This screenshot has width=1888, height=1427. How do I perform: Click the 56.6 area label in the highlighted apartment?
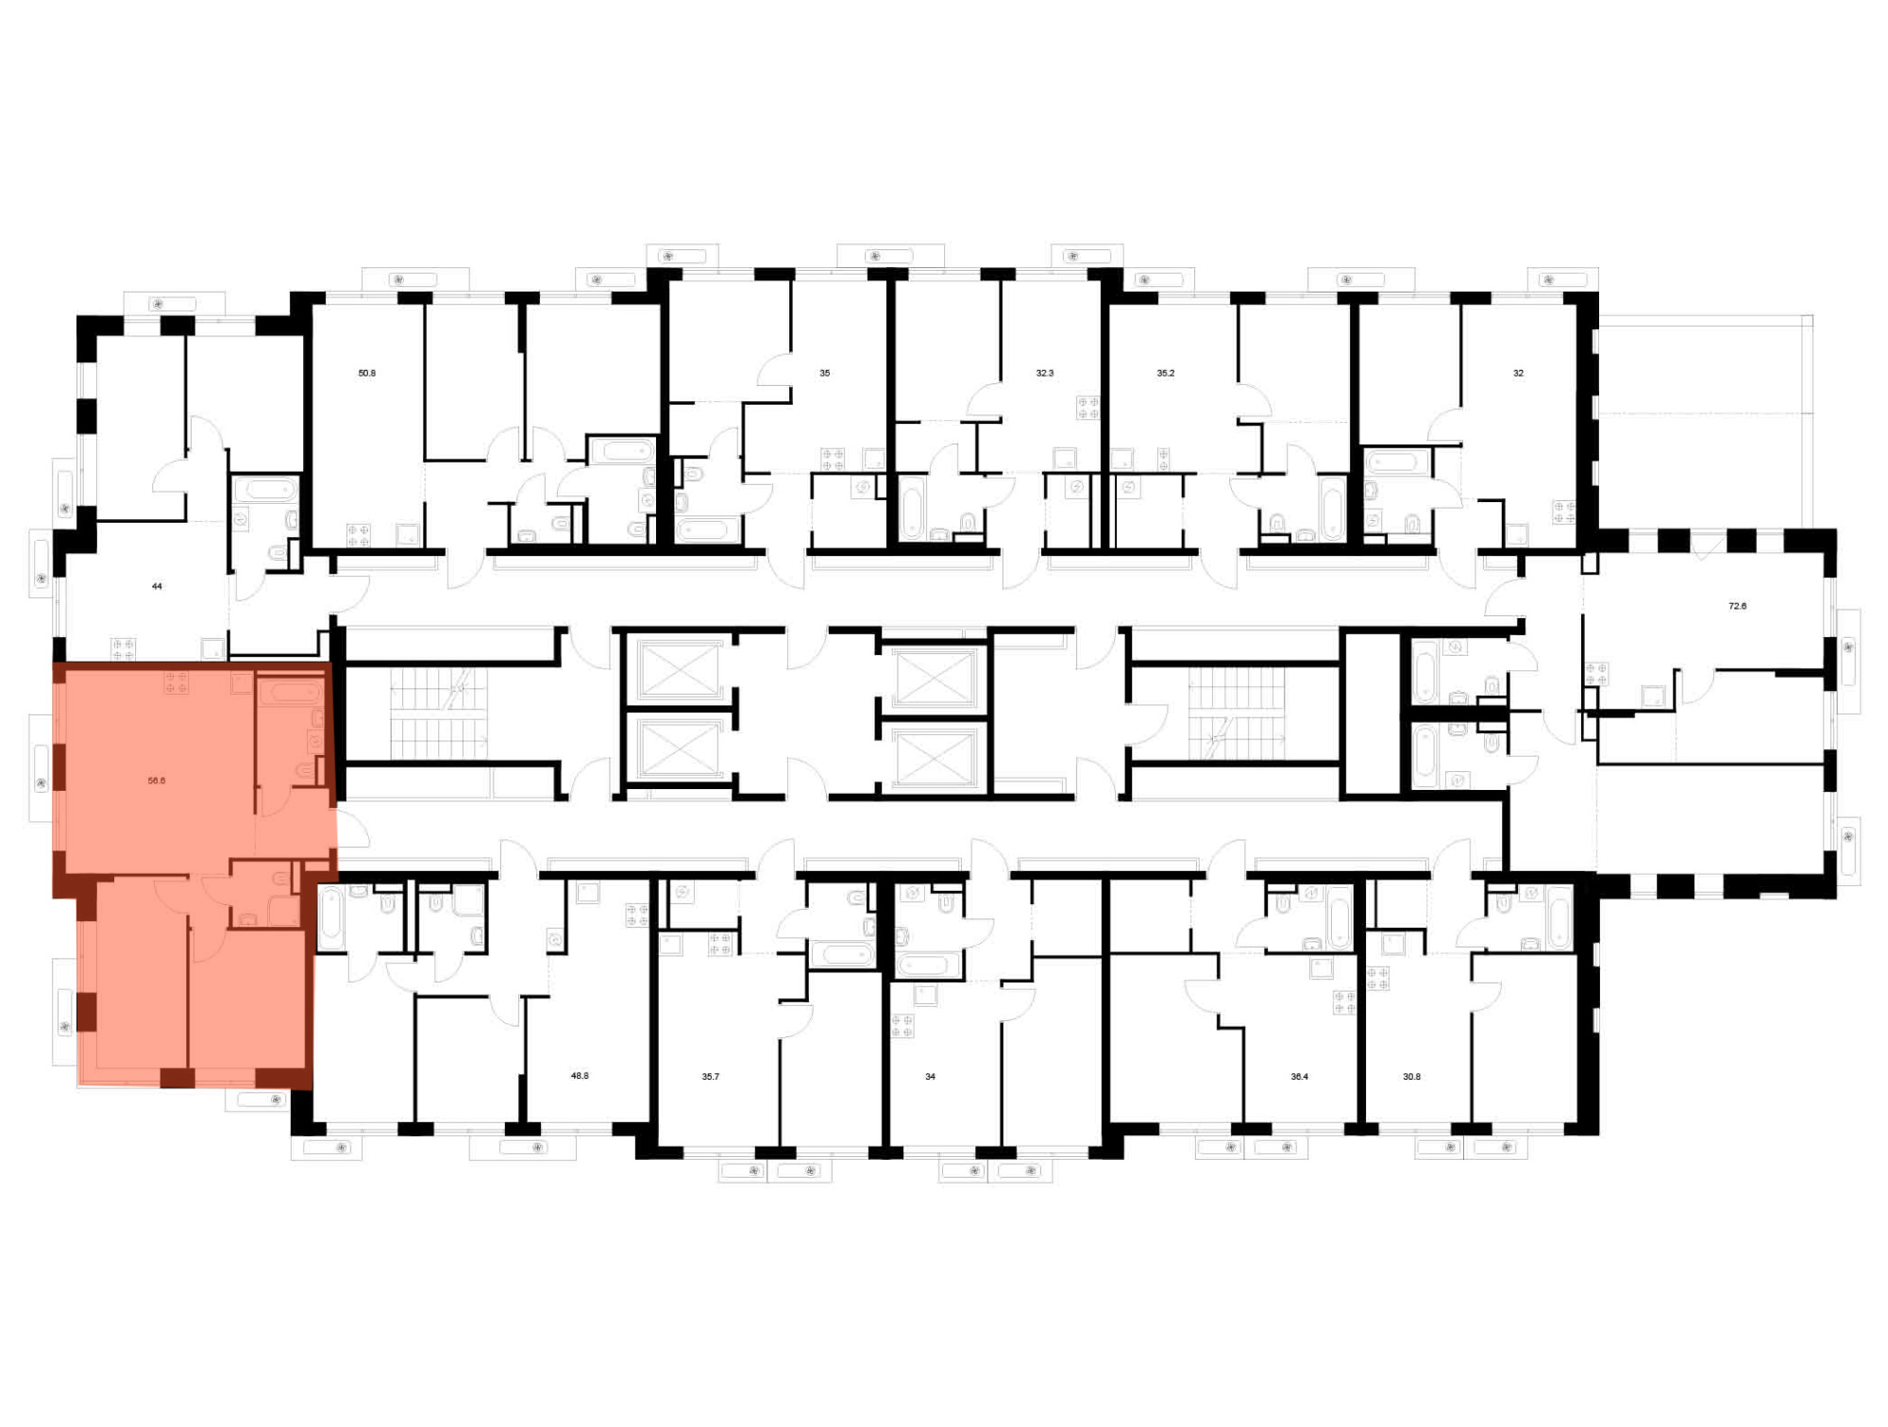point(157,781)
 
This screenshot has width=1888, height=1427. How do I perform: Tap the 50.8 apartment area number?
point(367,373)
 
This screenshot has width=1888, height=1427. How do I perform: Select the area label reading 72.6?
point(1737,606)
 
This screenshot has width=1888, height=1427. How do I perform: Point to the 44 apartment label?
point(157,586)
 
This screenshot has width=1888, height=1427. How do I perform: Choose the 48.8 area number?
point(580,1075)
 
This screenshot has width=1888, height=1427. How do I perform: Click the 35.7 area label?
point(711,1076)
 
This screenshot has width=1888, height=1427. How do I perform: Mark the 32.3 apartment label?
point(1045,373)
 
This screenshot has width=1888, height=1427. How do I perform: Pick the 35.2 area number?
point(1166,373)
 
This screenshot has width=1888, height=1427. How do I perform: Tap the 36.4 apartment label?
point(1300,1076)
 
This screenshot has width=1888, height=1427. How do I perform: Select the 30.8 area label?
point(1412,1076)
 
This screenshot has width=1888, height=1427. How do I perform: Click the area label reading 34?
point(930,1076)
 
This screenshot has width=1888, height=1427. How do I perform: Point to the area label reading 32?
point(1518,373)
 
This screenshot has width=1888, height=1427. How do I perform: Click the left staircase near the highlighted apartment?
point(439,713)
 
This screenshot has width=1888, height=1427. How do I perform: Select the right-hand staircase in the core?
point(1237,713)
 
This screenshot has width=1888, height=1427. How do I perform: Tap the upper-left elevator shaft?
point(678,671)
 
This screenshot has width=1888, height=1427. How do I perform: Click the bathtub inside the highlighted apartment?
point(293,693)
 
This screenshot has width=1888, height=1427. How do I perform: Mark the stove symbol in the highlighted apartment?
point(177,681)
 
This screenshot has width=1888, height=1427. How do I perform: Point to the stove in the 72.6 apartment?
point(1596,674)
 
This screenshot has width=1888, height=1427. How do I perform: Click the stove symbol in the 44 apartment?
point(124,649)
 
